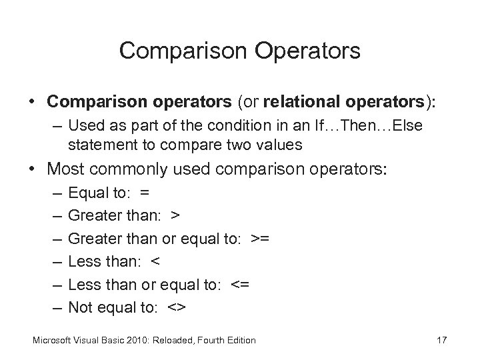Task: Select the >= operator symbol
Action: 260,238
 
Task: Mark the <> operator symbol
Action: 179,307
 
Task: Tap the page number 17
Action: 441,340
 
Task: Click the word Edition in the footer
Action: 240,340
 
